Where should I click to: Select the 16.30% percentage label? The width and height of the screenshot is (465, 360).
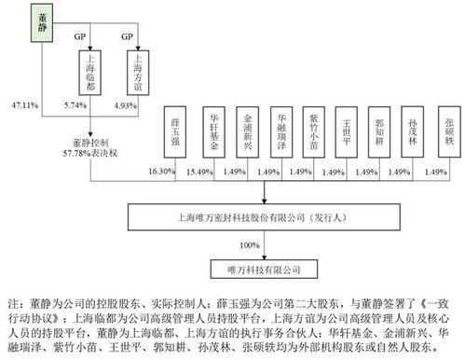[x=160, y=173]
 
